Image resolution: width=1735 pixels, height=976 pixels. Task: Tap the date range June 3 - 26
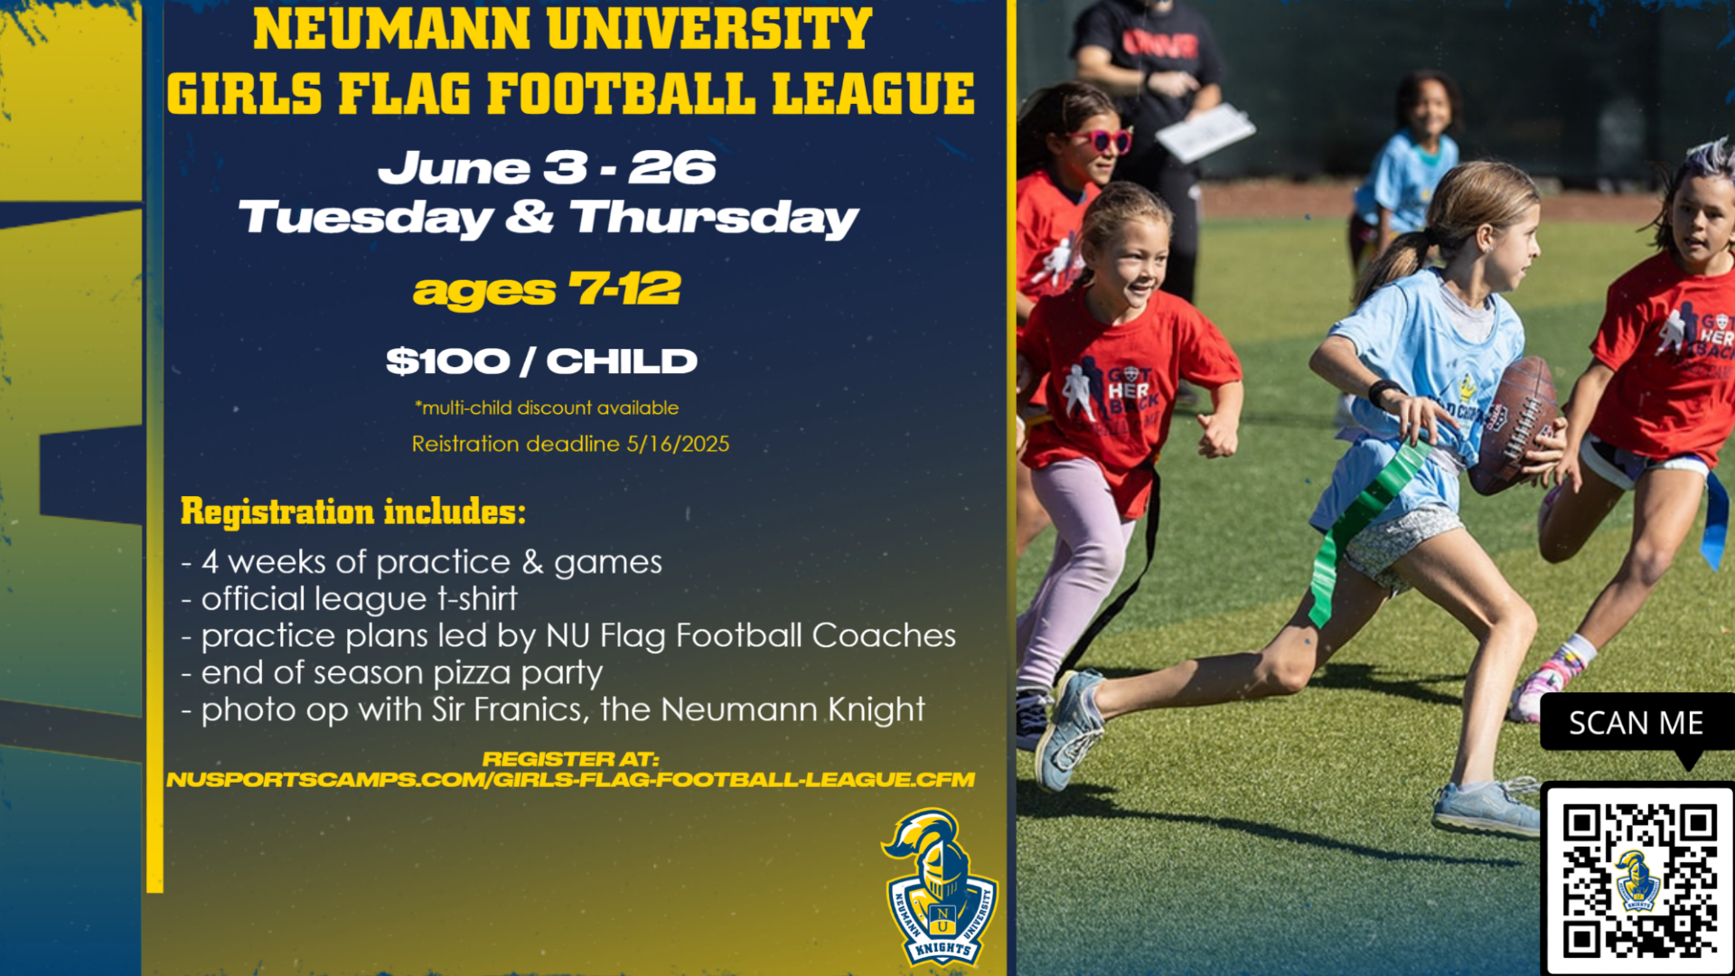[x=547, y=167]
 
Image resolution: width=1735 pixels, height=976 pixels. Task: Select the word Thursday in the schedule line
[x=714, y=218]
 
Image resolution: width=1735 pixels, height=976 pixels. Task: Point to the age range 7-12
[x=624, y=289]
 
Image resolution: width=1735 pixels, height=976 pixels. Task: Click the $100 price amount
[x=447, y=361]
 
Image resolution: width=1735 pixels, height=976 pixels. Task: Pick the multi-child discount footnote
[x=547, y=408]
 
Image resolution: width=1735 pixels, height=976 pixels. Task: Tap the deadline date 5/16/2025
[x=678, y=444]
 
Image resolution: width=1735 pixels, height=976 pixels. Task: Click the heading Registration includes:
[x=353, y=511]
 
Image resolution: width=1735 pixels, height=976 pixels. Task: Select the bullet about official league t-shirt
[x=350, y=598]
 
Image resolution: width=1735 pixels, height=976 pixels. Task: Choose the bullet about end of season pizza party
[x=392, y=673]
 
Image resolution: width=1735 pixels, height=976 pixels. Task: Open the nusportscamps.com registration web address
[x=570, y=780]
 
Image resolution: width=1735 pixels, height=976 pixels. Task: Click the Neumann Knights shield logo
[x=940, y=887]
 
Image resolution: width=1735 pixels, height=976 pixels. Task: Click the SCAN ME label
[x=1636, y=723]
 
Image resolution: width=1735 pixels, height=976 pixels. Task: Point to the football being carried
[x=1516, y=423]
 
